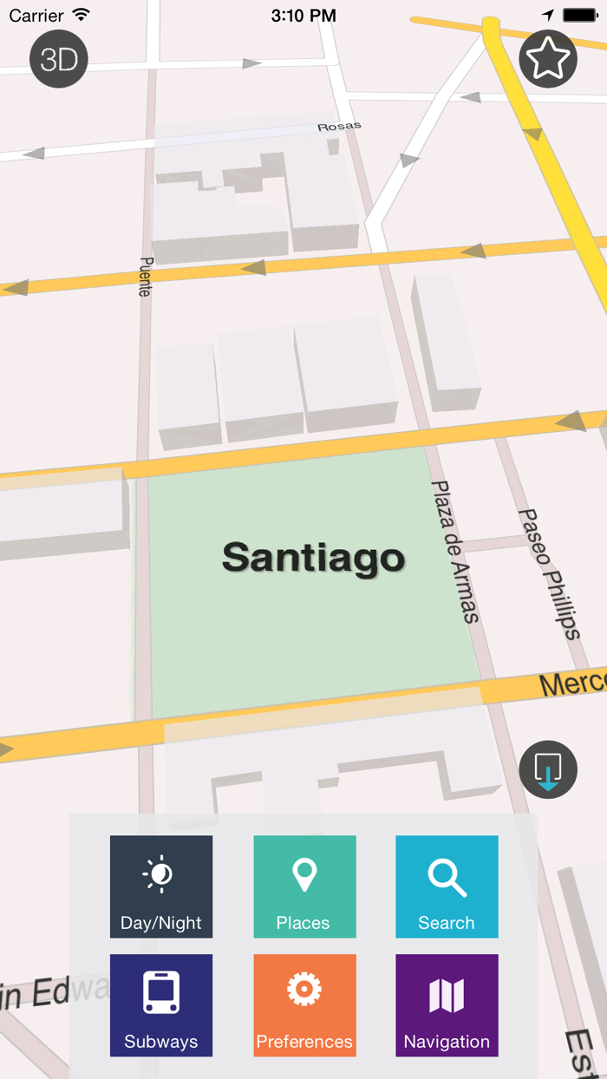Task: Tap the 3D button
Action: [59, 59]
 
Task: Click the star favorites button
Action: [548, 59]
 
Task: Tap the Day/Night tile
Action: [161, 886]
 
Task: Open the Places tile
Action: [304, 886]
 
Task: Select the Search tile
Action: [447, 886]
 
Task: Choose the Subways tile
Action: [161, 1005]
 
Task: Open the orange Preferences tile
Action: [304, 1005]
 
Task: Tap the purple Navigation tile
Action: [447, 1005]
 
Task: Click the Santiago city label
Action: [313, 558]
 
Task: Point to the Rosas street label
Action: [339, 127]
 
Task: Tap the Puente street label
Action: [146, 277]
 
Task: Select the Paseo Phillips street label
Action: [548, 573]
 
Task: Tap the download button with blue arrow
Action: [548, 769]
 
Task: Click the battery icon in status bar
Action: [580, 16]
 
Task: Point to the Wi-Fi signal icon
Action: [82, 15]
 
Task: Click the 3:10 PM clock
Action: [303, 16]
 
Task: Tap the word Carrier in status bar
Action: [36, 16]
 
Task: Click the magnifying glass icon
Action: [447, 877]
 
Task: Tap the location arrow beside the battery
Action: [548, 16]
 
